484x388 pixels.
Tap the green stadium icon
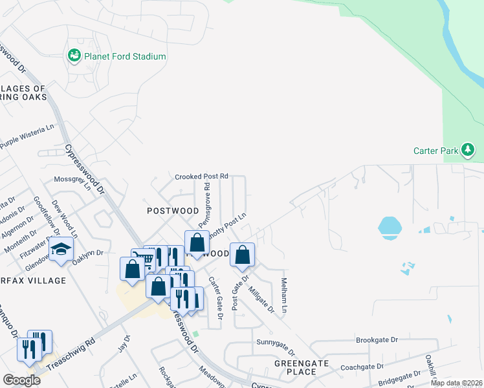(74, 56)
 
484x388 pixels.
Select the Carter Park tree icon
(468, 151)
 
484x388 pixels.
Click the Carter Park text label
(435, 151)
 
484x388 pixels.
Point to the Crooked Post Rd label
(202, 176)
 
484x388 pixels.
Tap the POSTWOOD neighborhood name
(173, 211)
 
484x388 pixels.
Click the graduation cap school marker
(61, 250)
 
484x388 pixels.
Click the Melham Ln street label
(283, 296)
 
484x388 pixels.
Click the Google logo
(22, 380)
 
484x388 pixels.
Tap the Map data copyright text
(456, 383)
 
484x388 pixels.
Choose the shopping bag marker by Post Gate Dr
(242, 255)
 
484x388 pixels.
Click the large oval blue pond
(388, 226)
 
